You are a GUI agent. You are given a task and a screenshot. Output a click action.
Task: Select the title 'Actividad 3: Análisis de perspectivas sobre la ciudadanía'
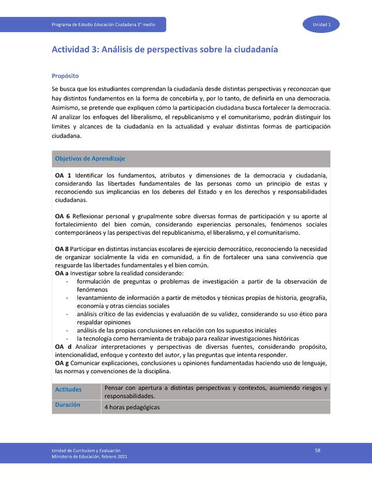point(165,50)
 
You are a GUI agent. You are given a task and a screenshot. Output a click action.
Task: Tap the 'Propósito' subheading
point(65,75)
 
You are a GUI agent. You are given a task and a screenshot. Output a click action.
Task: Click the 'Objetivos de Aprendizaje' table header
point(90,158)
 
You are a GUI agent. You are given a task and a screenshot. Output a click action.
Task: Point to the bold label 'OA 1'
point(63,175)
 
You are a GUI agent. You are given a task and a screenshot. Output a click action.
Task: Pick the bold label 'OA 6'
point(63,216)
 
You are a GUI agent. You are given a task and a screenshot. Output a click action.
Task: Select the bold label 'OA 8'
point(63,249)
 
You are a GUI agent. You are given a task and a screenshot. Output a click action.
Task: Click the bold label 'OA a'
point(62,273)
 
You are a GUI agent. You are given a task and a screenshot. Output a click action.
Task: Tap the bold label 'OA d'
point(63,347)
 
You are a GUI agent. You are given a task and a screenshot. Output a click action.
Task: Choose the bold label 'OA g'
point(63,363)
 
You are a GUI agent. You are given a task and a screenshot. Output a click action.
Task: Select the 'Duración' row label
point(68,405)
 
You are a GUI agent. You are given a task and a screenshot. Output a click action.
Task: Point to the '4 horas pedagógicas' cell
point(132,407)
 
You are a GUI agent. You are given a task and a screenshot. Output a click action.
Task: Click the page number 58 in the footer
point(318,451)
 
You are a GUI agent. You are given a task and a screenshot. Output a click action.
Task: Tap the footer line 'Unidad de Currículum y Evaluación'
point(86,451)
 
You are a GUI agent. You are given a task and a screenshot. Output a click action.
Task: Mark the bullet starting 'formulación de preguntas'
point(202,281)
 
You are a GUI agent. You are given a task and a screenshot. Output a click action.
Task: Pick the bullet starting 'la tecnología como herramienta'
point(188,339)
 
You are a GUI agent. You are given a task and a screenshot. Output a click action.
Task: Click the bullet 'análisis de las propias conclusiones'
point(177,330)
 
